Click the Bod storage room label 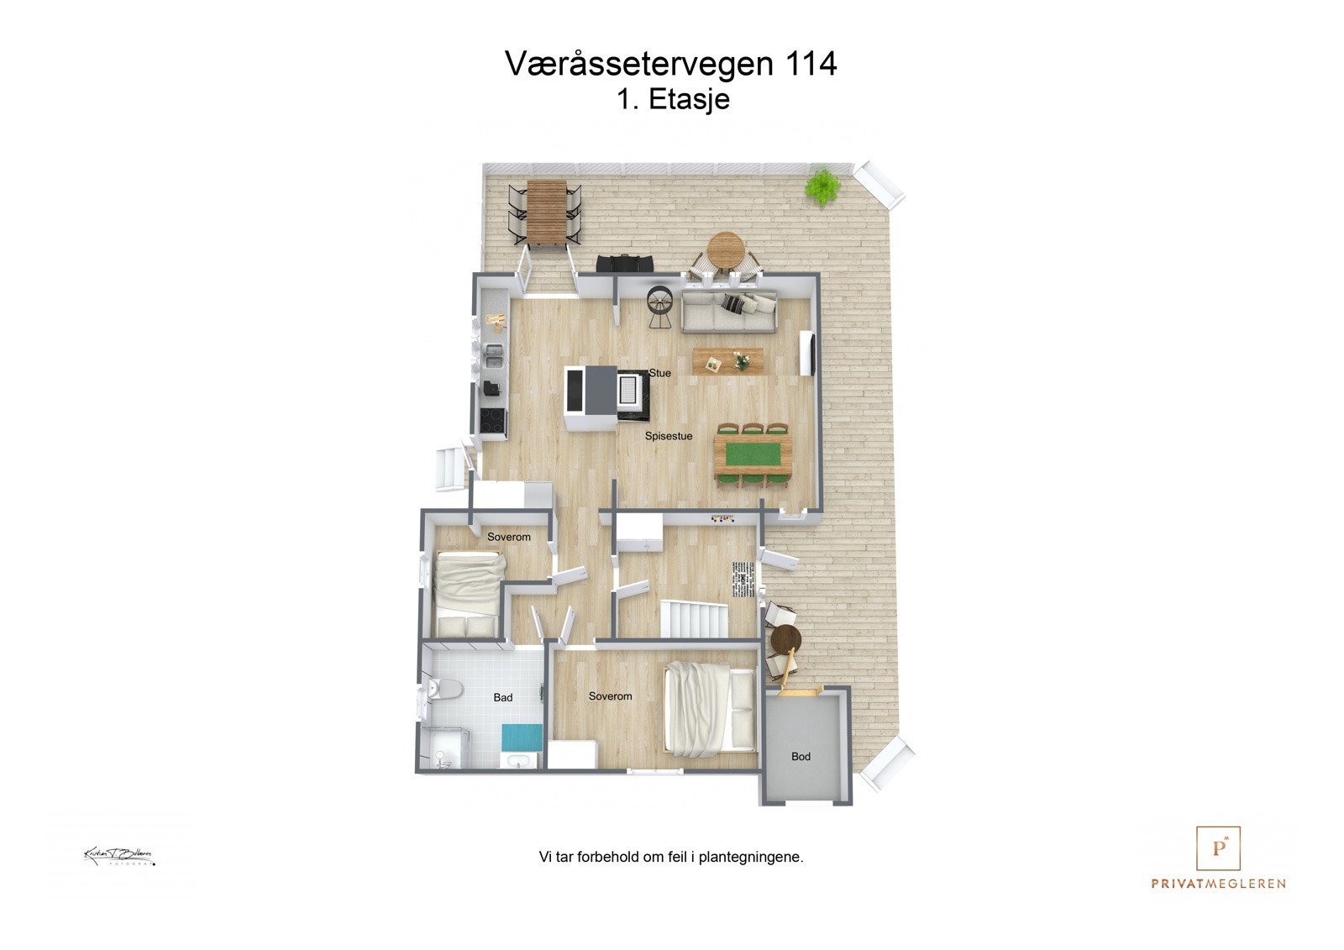(x=801, y=756)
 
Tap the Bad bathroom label (x=502, y=697)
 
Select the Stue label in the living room (x=660, y=373)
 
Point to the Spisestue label (x=669, y=436)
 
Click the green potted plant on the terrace (x=822, y=186)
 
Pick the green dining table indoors (x=753, y=454)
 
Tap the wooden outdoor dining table (x=545, y=213)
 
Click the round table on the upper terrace (x=726, y=249)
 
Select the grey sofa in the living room (x=728, y=312)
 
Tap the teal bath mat (x=522, y=737)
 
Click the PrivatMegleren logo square (x=1218, y=848)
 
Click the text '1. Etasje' (x=673, y=99)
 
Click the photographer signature (x=118, y=856)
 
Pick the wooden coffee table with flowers (x=727, y=360)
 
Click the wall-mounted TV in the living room (x=806, y=354)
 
